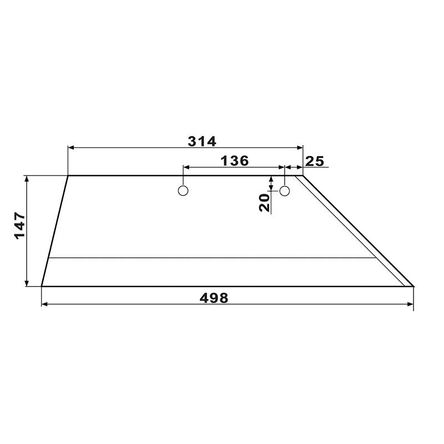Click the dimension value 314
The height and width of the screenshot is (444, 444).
point(202,142)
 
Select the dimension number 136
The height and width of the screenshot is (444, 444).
point(234,161)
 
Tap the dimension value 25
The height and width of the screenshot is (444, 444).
point(314,162)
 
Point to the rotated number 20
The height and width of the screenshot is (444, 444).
point(265,203)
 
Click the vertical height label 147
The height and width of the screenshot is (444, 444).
point(20,226)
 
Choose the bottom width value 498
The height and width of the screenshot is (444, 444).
point(214,298)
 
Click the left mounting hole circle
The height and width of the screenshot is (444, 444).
point(183,191)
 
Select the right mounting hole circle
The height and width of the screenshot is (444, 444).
point(284,191)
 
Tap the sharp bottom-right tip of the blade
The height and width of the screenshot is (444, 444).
point(413,286)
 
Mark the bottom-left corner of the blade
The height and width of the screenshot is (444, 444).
point(41,286)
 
